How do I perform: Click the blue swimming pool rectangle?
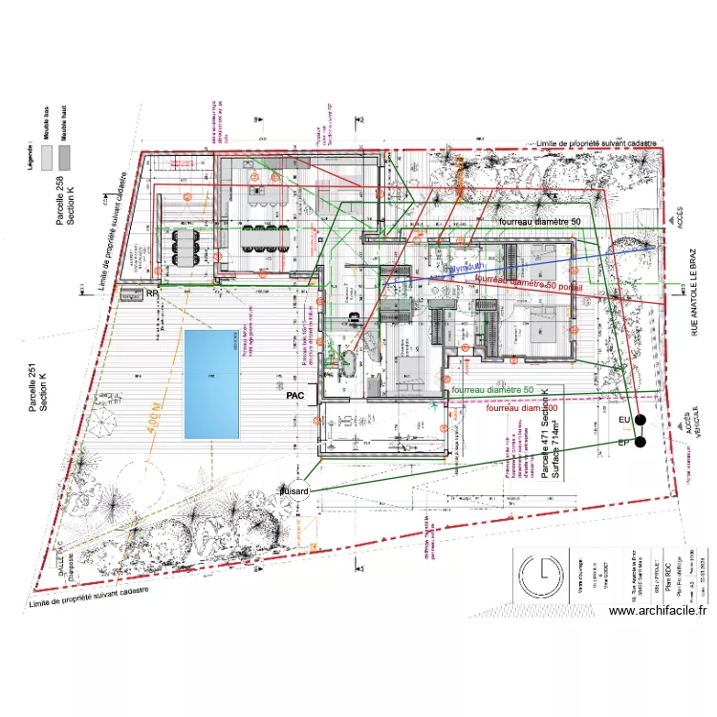tap(210, 384)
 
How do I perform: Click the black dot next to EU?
tap(641, 421)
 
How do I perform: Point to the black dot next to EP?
tap(641, 442)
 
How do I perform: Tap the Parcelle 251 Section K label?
tap(38, 380)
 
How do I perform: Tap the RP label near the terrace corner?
tap(151, 293)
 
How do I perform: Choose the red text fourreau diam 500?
tap(523, 408)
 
